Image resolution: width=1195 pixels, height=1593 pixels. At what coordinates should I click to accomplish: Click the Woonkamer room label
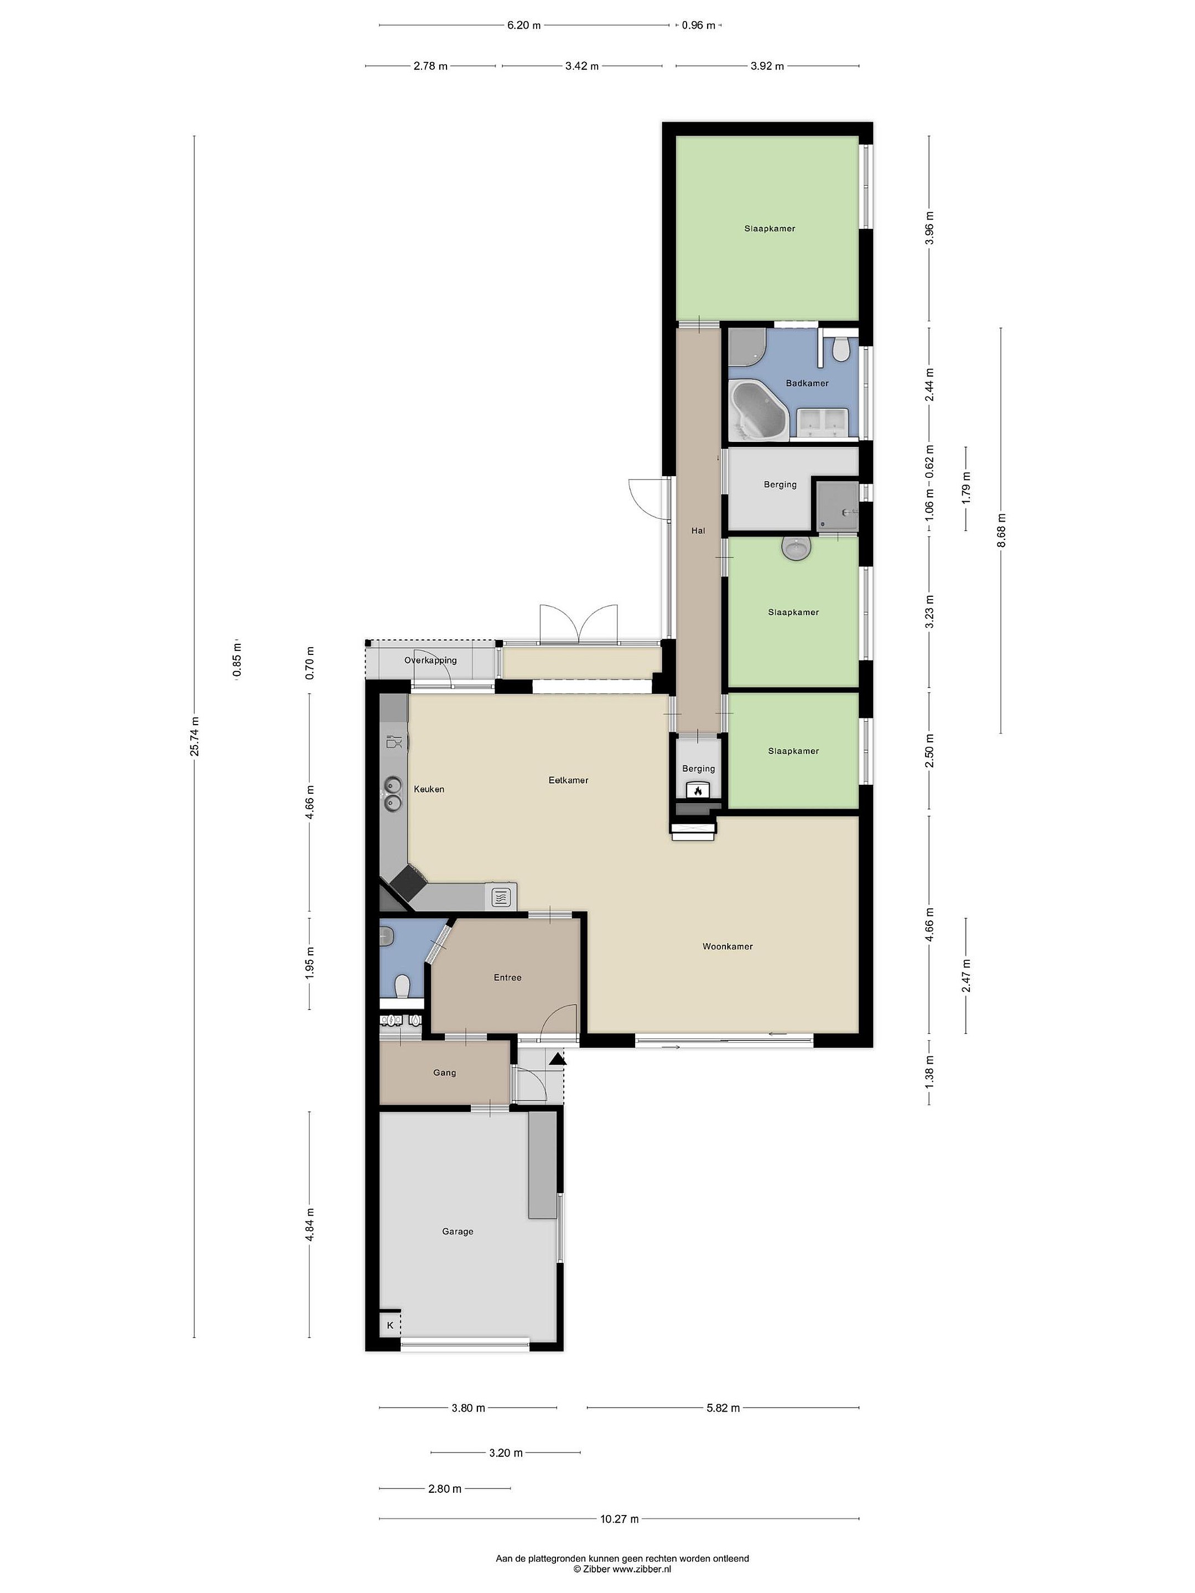(x=728, y=946)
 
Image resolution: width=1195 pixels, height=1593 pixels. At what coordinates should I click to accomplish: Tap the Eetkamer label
(x=568, y=780)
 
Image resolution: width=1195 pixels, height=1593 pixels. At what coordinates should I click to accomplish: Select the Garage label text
(x=458, y=1231)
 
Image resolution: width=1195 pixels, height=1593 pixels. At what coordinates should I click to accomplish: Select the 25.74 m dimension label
(x=195, y=737)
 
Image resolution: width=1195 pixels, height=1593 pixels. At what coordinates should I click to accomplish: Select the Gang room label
(x=444, y=1073)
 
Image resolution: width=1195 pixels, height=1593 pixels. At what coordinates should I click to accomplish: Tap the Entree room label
(x=507, y=977)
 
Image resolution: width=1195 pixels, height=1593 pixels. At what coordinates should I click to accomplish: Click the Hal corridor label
(x=698, y=531)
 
